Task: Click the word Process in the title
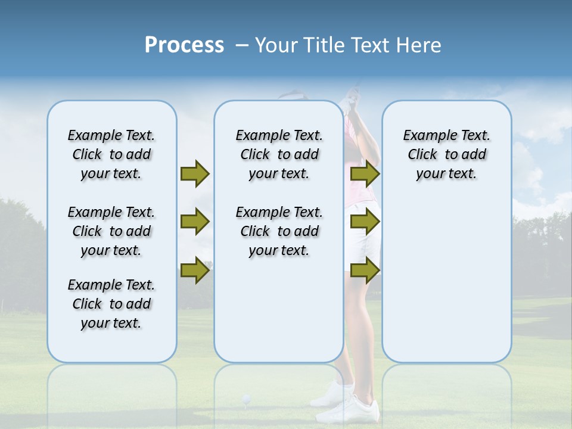point(184,45)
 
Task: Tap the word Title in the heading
point(323,45)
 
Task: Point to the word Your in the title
point(278,45)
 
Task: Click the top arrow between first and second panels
point(195,174)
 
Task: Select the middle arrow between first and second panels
point(195,222)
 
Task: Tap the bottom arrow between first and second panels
point(195,271)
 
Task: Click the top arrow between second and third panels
point(365,174)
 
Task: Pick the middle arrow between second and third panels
point(365,222)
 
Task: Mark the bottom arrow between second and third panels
point(365,271)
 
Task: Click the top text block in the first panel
point(111,154)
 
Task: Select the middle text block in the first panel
point(111,231)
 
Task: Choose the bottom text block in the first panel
point(111,304)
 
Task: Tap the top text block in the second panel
point(279,154)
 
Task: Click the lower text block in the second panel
point(279,231)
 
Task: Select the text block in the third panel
point(446,154)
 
